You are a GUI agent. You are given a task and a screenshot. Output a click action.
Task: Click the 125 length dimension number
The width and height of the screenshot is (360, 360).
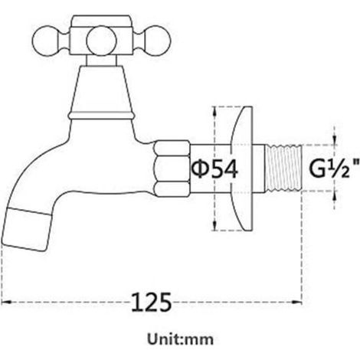coord(151,303)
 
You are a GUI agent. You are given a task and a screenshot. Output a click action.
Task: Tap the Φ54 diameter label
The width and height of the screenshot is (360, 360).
coord(215,169)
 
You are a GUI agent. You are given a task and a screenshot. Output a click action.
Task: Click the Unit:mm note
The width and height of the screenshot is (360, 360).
coord(180,339)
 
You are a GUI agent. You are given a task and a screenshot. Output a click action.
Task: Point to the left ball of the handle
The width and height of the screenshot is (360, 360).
coord(45,41)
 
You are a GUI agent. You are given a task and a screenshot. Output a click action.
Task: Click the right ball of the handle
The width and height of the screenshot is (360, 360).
coord(158,41)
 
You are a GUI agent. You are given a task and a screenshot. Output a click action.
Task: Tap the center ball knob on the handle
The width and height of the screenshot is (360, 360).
coord(101,41)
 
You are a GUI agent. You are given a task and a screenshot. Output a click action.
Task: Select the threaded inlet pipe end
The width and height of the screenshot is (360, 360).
coord(283,169)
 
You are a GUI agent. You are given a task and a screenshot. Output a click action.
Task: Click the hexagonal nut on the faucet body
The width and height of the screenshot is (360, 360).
coord(172,169)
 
